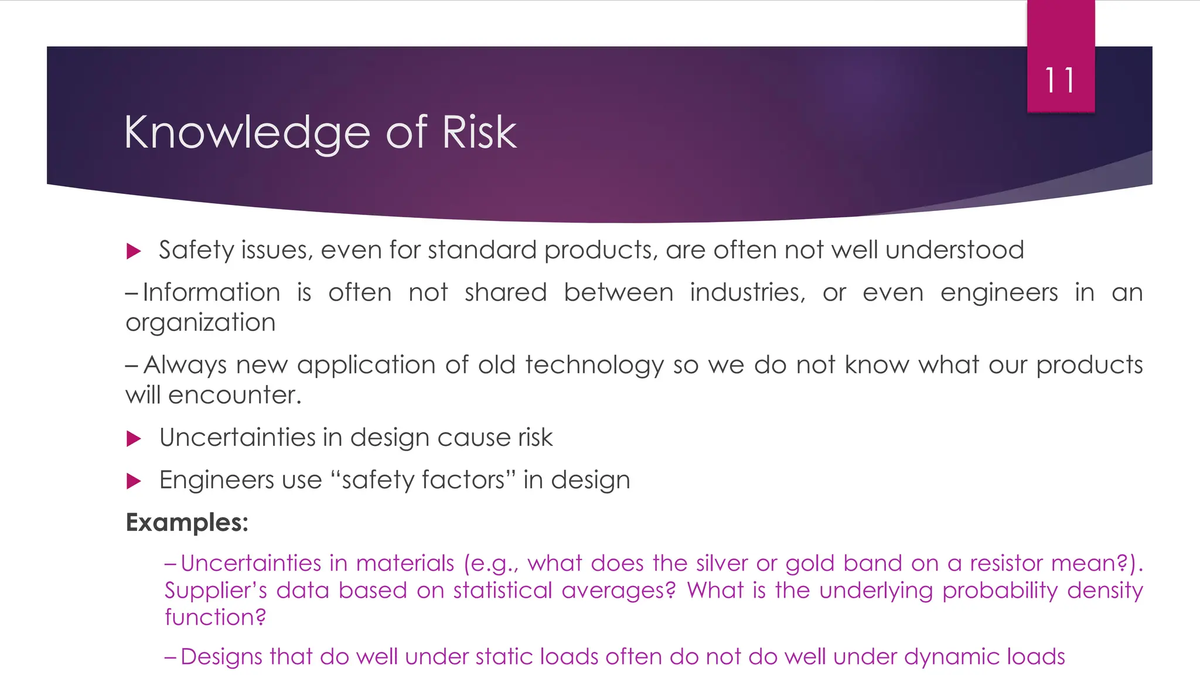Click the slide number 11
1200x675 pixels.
[1060, 80]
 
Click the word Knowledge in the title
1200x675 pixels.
[247, 133]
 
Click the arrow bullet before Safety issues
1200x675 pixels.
[134, 252]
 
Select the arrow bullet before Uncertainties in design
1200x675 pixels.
[134, 438]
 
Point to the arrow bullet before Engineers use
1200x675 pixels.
[134, 481]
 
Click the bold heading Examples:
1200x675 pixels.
[187, 522]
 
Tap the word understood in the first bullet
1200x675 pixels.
[954, 250]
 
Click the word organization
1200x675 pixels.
[200, 323]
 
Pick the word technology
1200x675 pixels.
[594, 366]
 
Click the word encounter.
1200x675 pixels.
[234, 396]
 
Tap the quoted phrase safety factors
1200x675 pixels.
[422, 480]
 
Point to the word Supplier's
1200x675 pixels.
[216, 590]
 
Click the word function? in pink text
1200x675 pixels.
[215, 617]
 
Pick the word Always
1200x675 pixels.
[185, 366]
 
